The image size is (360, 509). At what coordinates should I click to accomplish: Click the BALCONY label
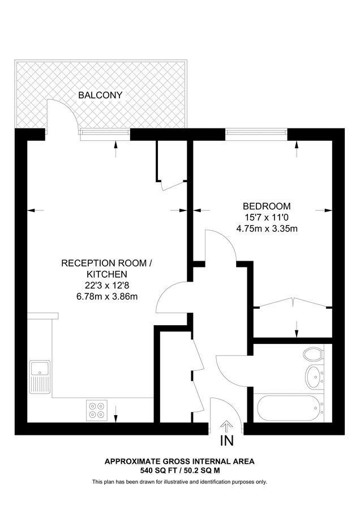[100, 95]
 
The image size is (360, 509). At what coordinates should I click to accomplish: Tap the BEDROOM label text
[267, 206]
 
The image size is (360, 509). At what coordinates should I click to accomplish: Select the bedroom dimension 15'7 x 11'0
[267, 217]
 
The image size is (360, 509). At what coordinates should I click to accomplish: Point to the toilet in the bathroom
[312, 355]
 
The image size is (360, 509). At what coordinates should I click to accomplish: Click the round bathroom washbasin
[313, 374]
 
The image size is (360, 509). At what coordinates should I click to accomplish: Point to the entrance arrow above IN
[226, 426]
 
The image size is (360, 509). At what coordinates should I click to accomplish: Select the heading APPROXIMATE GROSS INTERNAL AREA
[179, 461]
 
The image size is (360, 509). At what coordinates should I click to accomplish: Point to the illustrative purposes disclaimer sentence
[179, 482]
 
